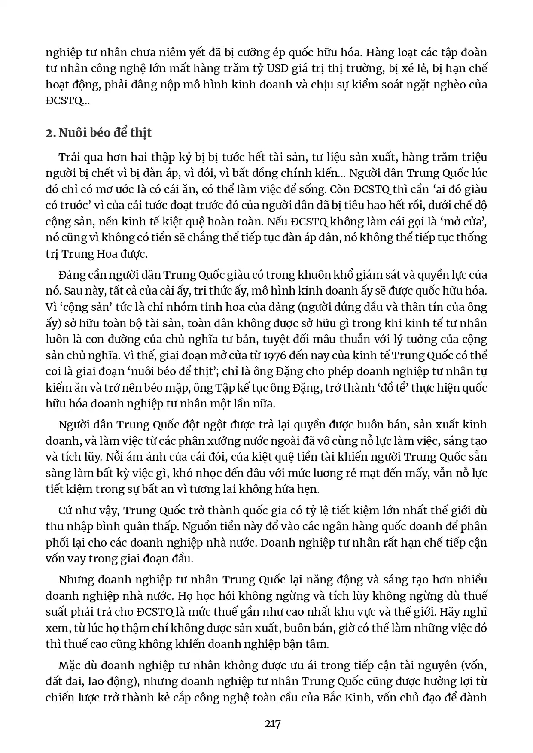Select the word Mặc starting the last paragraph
(70, 665)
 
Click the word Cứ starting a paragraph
(67, 510)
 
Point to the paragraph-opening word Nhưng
(76, 580)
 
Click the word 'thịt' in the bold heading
(141, 133)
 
